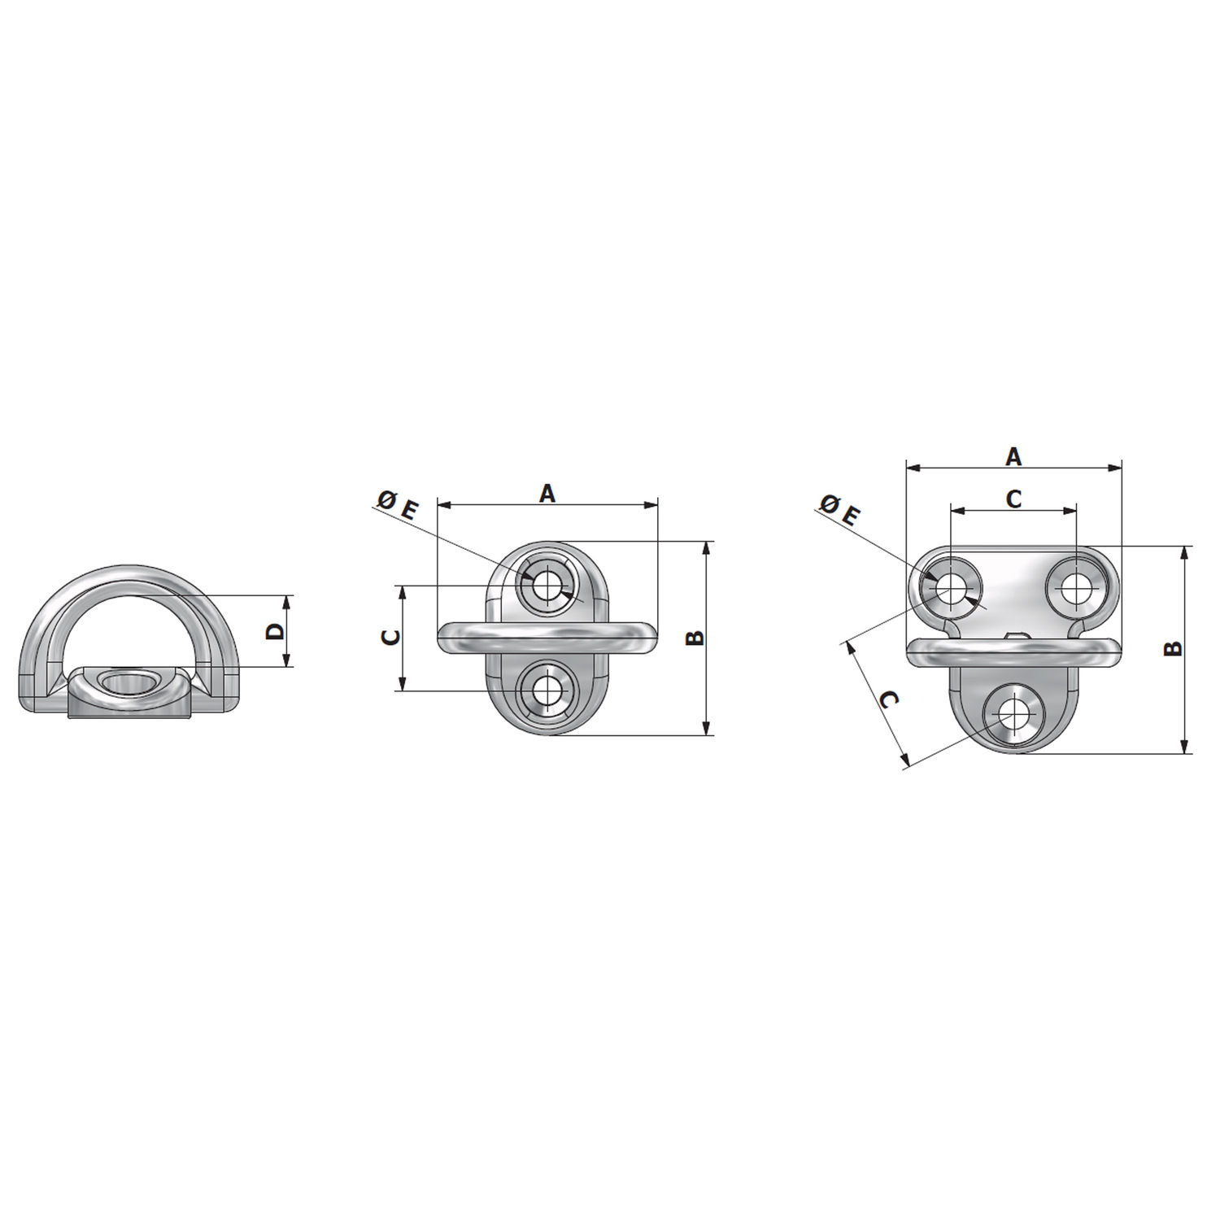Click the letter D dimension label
tap(277, 630)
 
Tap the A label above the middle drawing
tap(548, 493)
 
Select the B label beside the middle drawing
tap(695, 638)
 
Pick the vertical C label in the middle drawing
tap(391, 638)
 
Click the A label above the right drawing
tap(1013, 457)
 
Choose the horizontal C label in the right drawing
tap(1013, 499)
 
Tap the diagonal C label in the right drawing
tap(890, 701)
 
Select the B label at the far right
tap(1172, 648)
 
